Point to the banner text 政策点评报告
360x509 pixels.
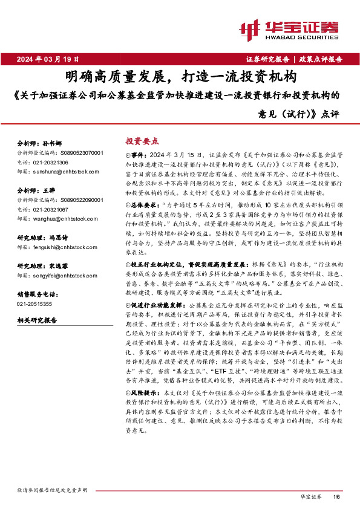(321, 59)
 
